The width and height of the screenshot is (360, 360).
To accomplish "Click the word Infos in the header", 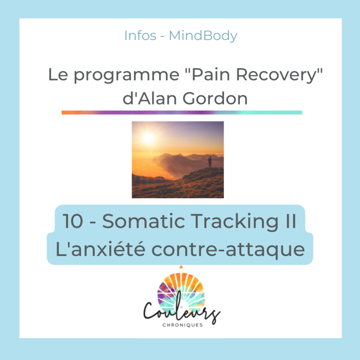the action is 140,36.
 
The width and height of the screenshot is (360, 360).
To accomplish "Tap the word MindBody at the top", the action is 203,36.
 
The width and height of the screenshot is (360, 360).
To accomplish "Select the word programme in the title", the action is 127,75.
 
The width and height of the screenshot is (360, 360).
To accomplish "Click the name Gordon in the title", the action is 215,98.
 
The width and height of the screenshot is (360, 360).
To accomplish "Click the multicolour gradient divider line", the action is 182,112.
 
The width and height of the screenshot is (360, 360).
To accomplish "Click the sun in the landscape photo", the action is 148,137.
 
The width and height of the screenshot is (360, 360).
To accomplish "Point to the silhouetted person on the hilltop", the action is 210,162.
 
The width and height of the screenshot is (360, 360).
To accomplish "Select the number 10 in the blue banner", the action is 73,221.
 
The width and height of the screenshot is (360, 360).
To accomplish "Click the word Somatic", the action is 143,221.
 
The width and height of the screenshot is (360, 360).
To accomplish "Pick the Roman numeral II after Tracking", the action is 291,221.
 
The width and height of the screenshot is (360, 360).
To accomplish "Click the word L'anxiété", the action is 100,249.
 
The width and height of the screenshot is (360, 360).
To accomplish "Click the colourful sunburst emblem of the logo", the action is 181,291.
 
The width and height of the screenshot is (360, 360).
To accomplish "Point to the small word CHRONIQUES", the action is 182,325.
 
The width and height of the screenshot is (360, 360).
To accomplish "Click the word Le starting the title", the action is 58,75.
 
